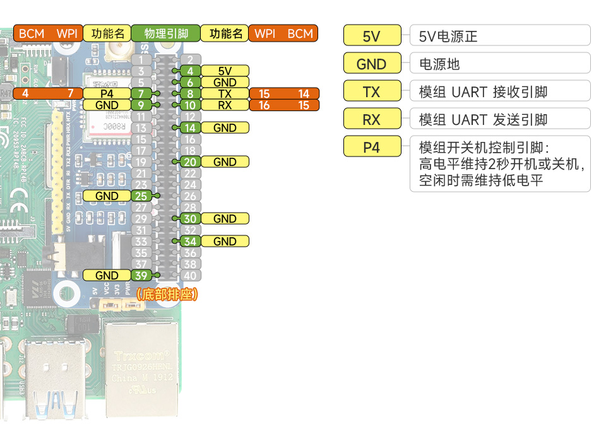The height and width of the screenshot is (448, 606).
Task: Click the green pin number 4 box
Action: pos(190,71)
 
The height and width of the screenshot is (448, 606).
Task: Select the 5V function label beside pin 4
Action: pos(225,71)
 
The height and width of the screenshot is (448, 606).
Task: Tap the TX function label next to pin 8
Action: pos(225,94)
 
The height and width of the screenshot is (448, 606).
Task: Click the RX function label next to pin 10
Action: pos(225,105)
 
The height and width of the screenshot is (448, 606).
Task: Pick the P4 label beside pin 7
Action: pos(107,94)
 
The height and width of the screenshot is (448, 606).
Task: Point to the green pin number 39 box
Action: pos(141,275)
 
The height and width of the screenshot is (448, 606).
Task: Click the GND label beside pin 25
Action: pos(107,196)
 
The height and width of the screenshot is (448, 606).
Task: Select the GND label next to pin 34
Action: pos(225,241)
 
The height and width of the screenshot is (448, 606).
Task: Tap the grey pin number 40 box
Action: pos(190,275)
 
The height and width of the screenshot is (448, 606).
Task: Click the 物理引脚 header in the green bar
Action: pos(165,33)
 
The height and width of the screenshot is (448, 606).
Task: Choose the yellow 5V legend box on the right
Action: pos(372,36)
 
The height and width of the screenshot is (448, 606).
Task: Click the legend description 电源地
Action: pos(439,64)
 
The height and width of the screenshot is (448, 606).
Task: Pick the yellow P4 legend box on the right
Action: pos(372,147)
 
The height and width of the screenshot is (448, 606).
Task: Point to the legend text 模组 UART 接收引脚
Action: pos(483,92)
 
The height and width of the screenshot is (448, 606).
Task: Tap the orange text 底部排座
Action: pos(167,294)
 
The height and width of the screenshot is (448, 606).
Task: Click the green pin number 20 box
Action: pos(190,162)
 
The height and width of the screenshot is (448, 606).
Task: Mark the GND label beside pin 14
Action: pos(225,128)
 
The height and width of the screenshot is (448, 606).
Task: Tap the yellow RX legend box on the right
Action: pos(372,119)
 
